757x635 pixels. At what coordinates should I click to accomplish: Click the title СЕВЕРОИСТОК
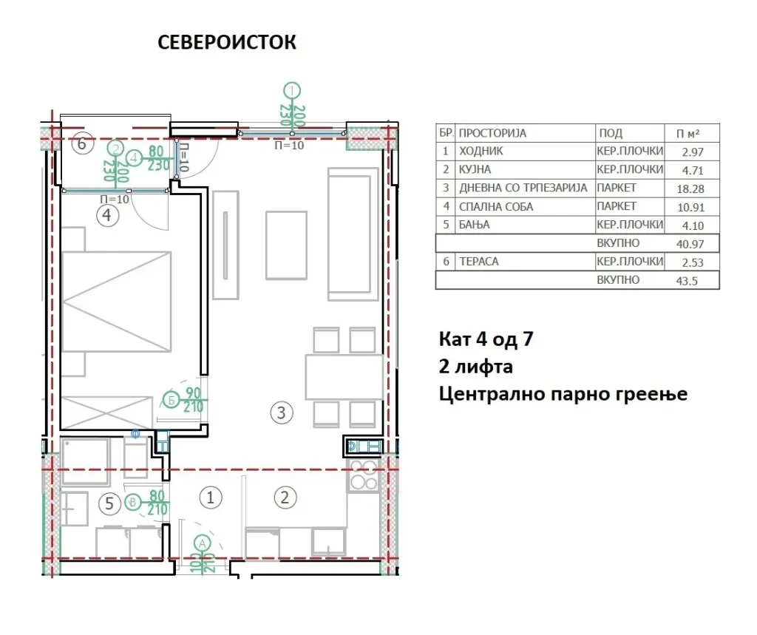(227, 42)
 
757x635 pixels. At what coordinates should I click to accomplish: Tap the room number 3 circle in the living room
(282, 413)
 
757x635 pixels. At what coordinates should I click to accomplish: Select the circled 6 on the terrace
(81, 143)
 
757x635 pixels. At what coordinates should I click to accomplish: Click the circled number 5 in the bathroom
(109, 503)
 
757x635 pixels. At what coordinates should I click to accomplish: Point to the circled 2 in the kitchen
(285, 498)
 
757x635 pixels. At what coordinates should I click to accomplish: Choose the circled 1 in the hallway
(210, 498)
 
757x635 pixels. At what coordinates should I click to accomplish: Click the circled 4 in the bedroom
(107, 215)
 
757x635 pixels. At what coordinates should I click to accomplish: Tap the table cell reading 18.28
(690, 189)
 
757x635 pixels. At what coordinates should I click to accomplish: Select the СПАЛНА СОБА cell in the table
(496, 207)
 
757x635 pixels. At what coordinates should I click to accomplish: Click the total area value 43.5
(687, 281)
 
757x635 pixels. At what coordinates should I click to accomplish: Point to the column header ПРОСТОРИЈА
(492, 133)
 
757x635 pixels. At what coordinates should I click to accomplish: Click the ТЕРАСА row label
(478, 262)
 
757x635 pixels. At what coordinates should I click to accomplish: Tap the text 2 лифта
(475, 367)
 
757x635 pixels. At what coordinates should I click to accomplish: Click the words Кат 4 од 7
(486, 339)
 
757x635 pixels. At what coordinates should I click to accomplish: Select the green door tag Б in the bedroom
(171, 400)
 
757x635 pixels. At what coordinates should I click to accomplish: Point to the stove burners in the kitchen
(363, 475)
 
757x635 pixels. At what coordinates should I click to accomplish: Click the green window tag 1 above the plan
(291, 90)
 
